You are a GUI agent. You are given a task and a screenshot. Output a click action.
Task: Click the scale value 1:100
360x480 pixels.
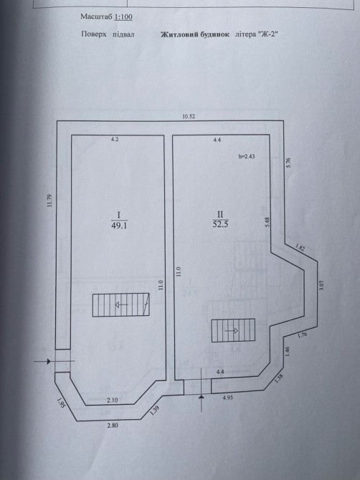click(x=123, y=16)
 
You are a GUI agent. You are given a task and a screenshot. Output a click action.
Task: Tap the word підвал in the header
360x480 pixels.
click(x=123, y=34)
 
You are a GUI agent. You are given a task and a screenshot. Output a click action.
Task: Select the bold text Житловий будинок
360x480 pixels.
click(x=195, y=34)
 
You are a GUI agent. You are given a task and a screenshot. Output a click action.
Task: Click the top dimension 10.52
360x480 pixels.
click(x=189, y=116)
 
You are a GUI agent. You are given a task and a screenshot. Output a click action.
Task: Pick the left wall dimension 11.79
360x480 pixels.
click(x=50, y=201)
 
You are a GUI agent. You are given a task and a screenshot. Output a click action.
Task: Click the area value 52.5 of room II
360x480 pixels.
click(x=220, y=224)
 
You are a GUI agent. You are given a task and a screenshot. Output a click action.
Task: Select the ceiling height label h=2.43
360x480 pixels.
click(x=247, y=156)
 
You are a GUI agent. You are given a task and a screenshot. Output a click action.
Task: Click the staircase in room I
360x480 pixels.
click(x=121, y=304)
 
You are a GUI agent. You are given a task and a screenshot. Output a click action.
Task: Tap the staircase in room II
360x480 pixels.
click(x=233, y=330)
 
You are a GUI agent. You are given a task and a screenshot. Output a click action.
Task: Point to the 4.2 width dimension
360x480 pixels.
click(x=115, y=140)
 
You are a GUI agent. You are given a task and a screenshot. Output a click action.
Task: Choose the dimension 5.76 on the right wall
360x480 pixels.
click(x=288, y=162)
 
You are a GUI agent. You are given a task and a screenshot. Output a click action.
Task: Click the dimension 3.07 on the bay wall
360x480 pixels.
click(x=321, y=285)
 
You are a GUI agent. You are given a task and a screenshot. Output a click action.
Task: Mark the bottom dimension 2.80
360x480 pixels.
click(x=113, y=426)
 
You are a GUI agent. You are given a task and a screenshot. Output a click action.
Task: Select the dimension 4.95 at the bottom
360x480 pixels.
click(x=227, y=398)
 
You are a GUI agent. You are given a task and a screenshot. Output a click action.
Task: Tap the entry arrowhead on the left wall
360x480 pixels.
click(x=49, y=362)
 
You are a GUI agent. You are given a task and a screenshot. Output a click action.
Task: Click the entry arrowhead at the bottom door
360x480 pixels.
click(x=201, y=397)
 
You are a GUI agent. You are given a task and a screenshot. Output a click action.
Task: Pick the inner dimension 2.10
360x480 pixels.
click(x=113, y=400)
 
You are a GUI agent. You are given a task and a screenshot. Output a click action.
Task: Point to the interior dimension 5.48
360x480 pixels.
click(x=267, y=222)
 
